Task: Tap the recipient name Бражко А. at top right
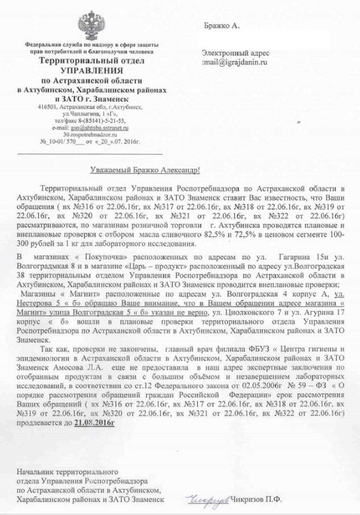222,26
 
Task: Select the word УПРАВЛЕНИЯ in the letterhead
92,70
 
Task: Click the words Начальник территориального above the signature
67,471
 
